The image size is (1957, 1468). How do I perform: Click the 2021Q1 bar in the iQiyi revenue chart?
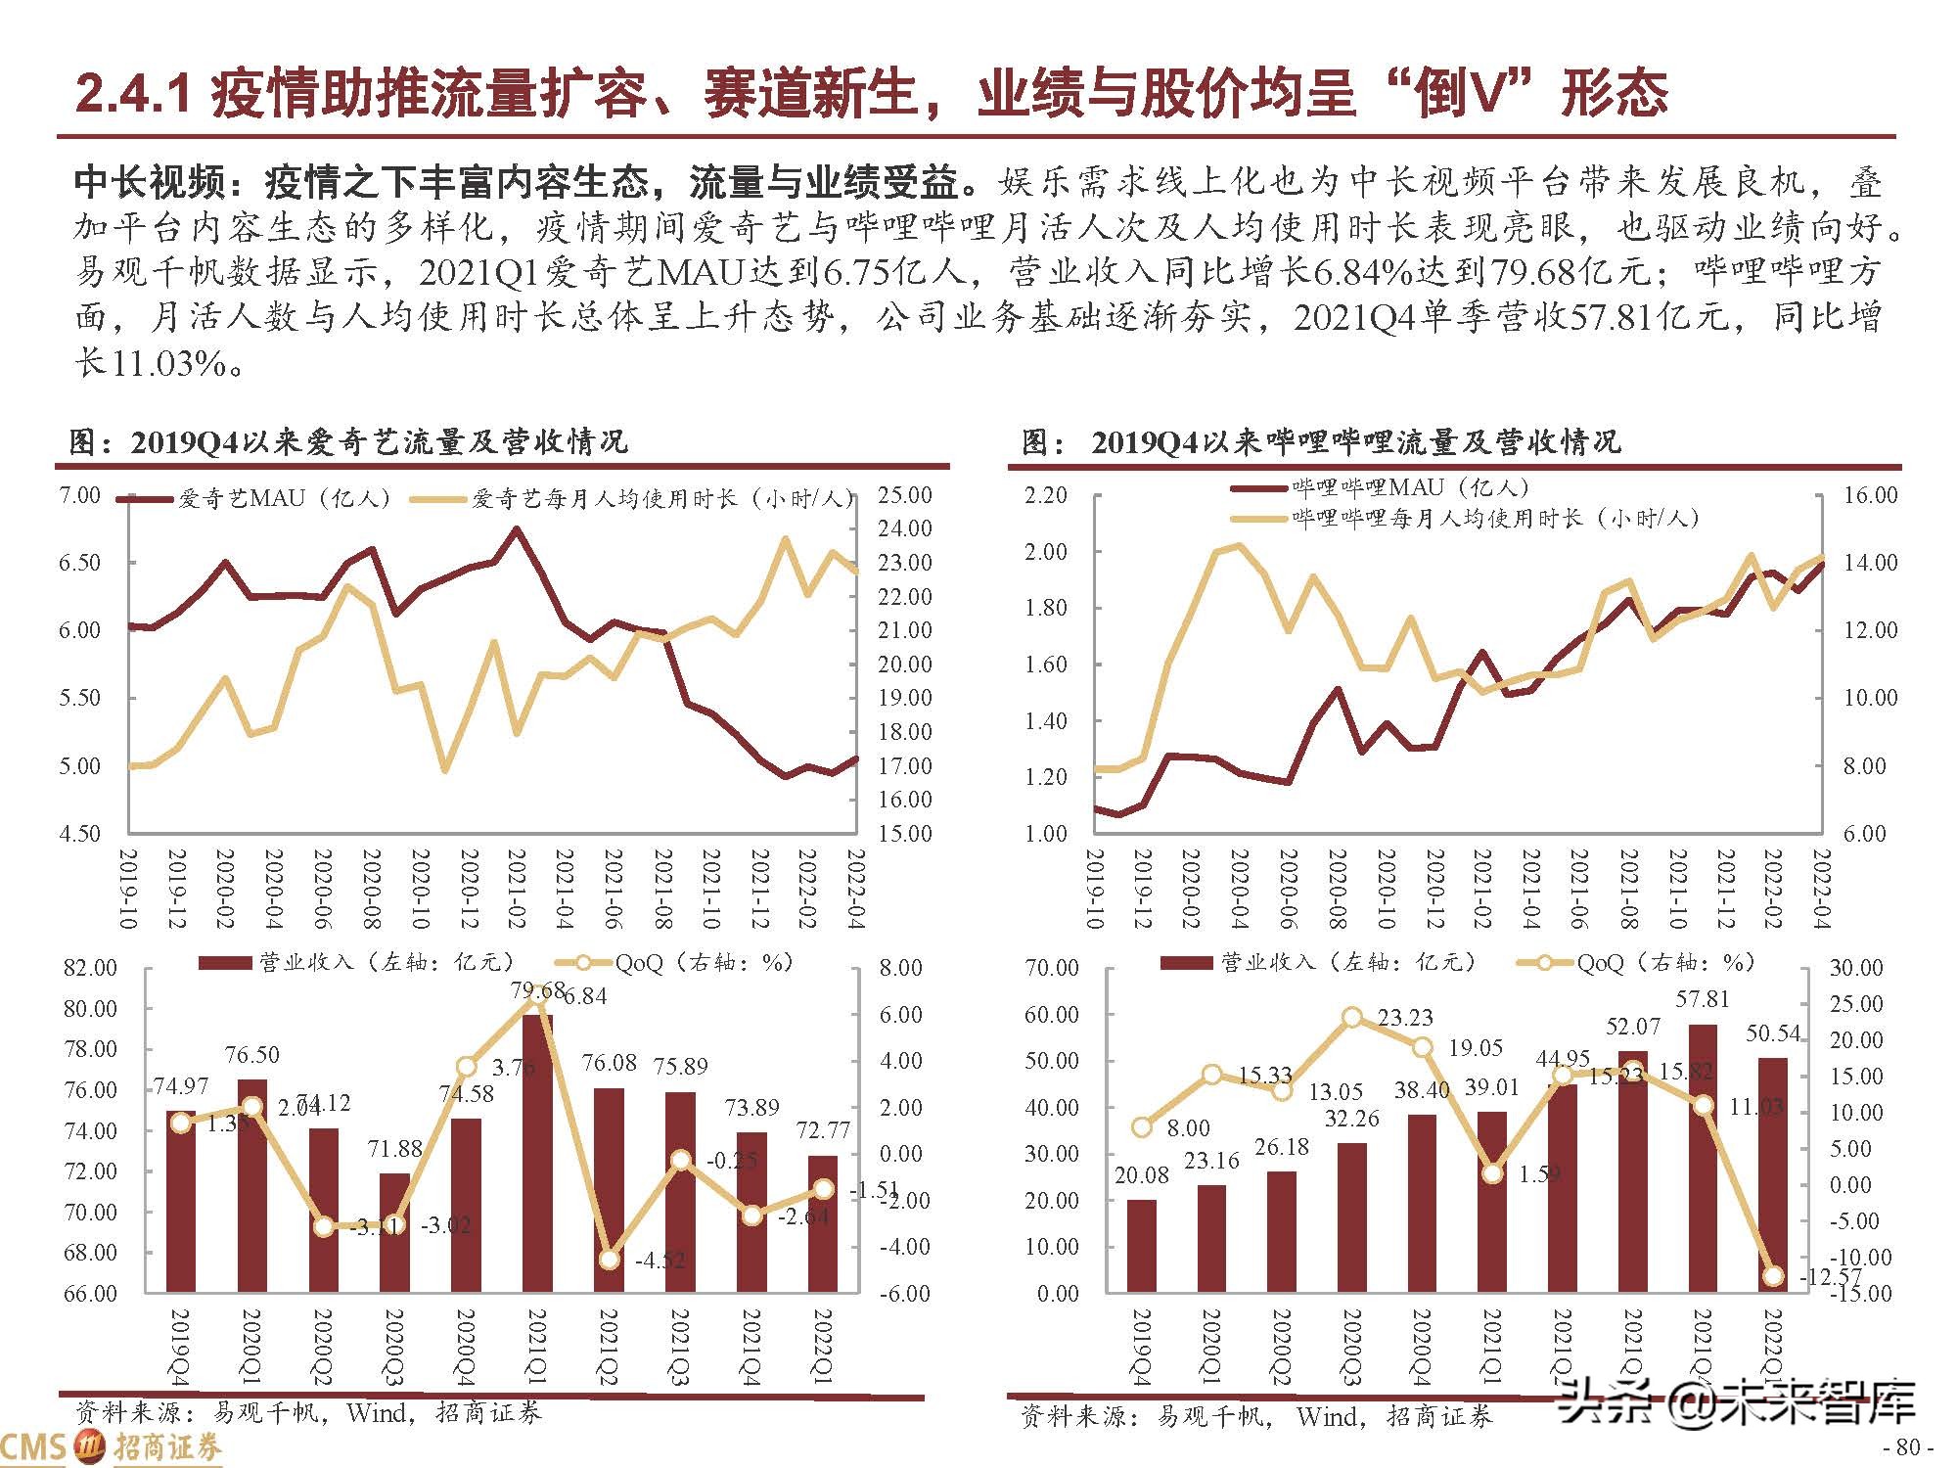(537, 1155)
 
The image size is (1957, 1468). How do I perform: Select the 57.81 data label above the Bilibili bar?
(1702, 999)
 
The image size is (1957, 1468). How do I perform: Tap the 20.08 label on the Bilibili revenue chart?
(1141, 1175)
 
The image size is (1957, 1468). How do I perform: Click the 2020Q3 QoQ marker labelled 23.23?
(1352, 1018)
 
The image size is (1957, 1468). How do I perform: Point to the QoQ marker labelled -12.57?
(1773, 1276)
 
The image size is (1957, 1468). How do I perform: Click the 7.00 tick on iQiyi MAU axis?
(80, 495)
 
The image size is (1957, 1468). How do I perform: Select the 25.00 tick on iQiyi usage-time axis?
(904, 495)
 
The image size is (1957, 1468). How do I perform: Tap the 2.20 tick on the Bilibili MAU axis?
(1045, 495)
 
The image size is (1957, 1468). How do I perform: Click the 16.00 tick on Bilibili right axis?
(1870, 495)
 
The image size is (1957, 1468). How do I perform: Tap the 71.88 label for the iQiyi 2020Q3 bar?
(394, 1149)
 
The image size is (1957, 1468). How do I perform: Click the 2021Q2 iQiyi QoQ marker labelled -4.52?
(610, 1260)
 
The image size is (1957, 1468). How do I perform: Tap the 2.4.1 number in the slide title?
(132, 95)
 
